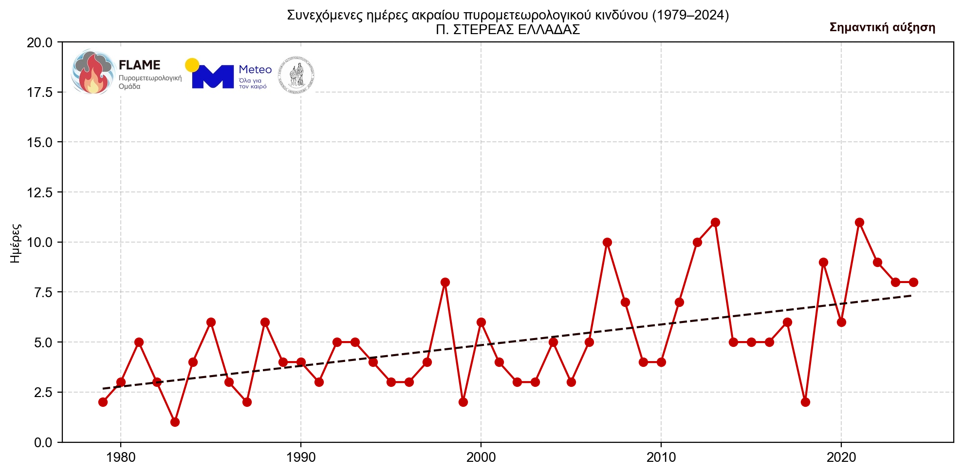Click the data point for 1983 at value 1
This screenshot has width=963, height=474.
click(175, 422)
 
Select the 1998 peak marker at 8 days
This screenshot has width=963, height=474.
click(445, 282)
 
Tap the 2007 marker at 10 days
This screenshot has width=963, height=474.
click(607, 242)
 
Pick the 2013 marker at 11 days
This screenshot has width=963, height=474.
click(715, 222)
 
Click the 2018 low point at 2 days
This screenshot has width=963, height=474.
click(805, 402)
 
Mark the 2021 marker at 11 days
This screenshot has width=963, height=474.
click(859, 222)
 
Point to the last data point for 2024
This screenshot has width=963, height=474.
click(913, 282)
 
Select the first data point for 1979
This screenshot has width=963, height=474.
click(103, 402)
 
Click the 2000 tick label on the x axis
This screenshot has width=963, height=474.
click(481, 457)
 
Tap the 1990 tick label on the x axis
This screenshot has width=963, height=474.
click(301, 457)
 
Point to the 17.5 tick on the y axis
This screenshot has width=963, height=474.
click(39, 93)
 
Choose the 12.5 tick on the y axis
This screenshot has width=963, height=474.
click(39, 192)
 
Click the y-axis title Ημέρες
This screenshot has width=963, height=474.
click(16, 243)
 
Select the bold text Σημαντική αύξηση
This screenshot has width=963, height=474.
click(882, 27)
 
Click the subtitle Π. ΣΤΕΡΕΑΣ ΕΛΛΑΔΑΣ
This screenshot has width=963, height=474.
click(508, 30)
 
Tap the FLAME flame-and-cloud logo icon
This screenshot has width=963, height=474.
click(92, 72)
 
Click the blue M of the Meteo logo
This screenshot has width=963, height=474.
click(213, 77)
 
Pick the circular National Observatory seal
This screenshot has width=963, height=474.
click(296, 76)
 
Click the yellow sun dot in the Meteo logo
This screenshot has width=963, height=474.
click(192, 65)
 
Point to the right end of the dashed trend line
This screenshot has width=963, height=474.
click(911, 296)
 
